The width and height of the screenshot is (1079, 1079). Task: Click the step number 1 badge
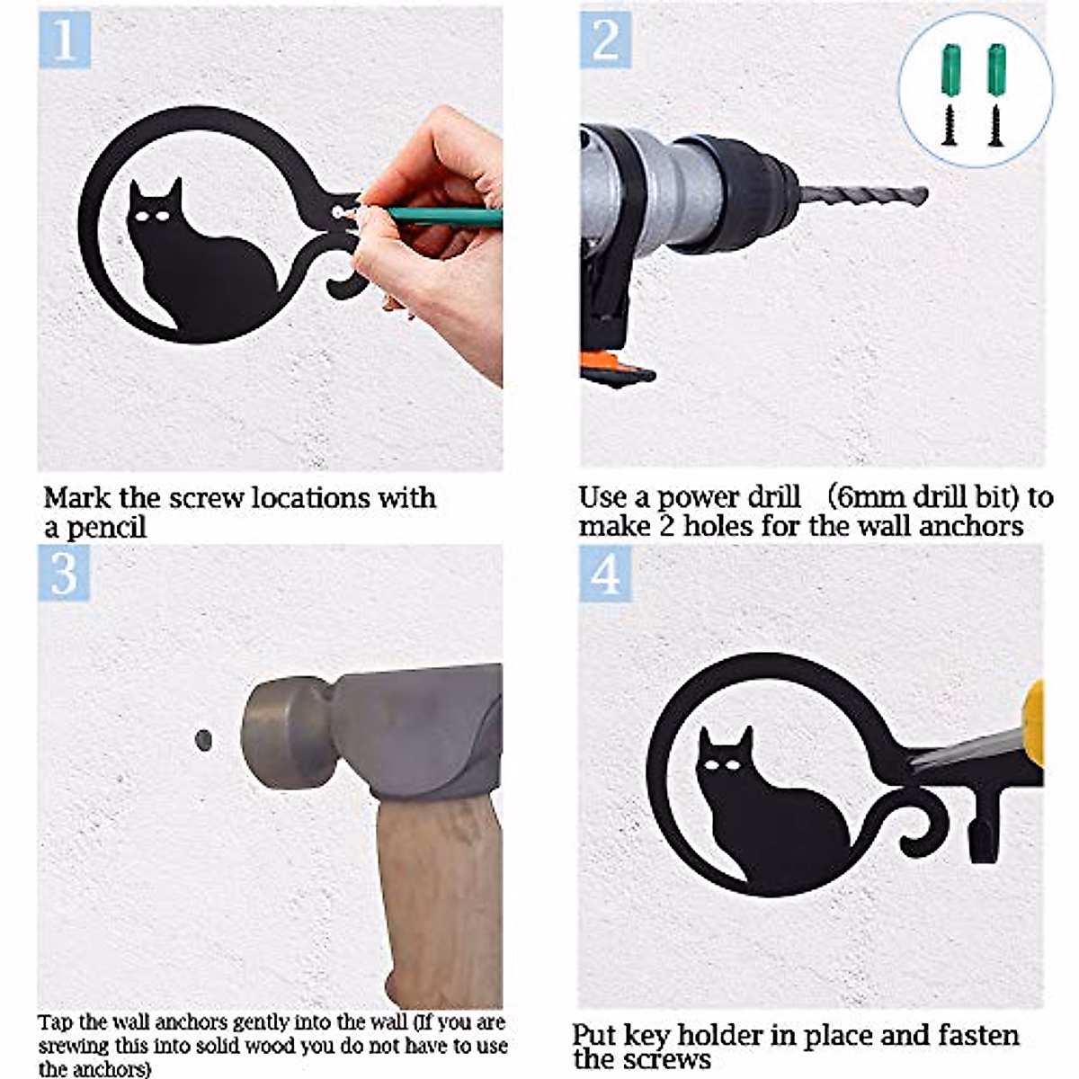[x=65, y=40]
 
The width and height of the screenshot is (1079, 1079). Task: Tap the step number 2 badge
[x=605, y=40]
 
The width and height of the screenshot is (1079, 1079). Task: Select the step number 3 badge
[x=64, y=573]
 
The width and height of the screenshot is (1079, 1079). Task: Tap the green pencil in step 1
[x=442, y=217]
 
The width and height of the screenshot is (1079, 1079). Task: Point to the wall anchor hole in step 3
[x=204, y=740]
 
